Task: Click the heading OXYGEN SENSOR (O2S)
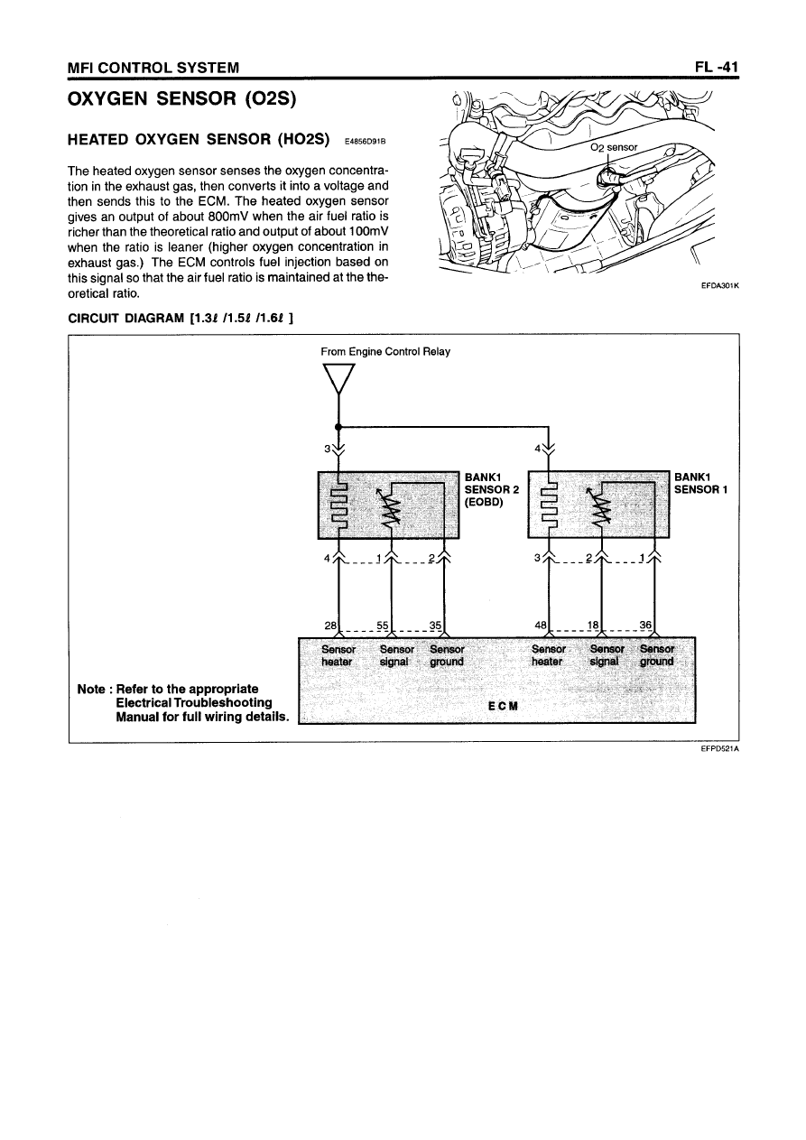[x=178, y=97]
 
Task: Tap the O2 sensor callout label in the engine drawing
[x=613, y=147]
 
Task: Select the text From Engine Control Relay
[x=385, y=351]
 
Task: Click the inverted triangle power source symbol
[x=338, y=379]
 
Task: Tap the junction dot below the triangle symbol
[x=337, y=427]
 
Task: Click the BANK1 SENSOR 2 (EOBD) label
[x=490, y=490]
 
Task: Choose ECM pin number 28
[x=330, y=625]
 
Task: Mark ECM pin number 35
[x=437, y=625]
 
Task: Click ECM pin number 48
[x=542, y=625]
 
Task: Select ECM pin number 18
[x=594, y=625]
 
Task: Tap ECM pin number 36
[x=645, y=625]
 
